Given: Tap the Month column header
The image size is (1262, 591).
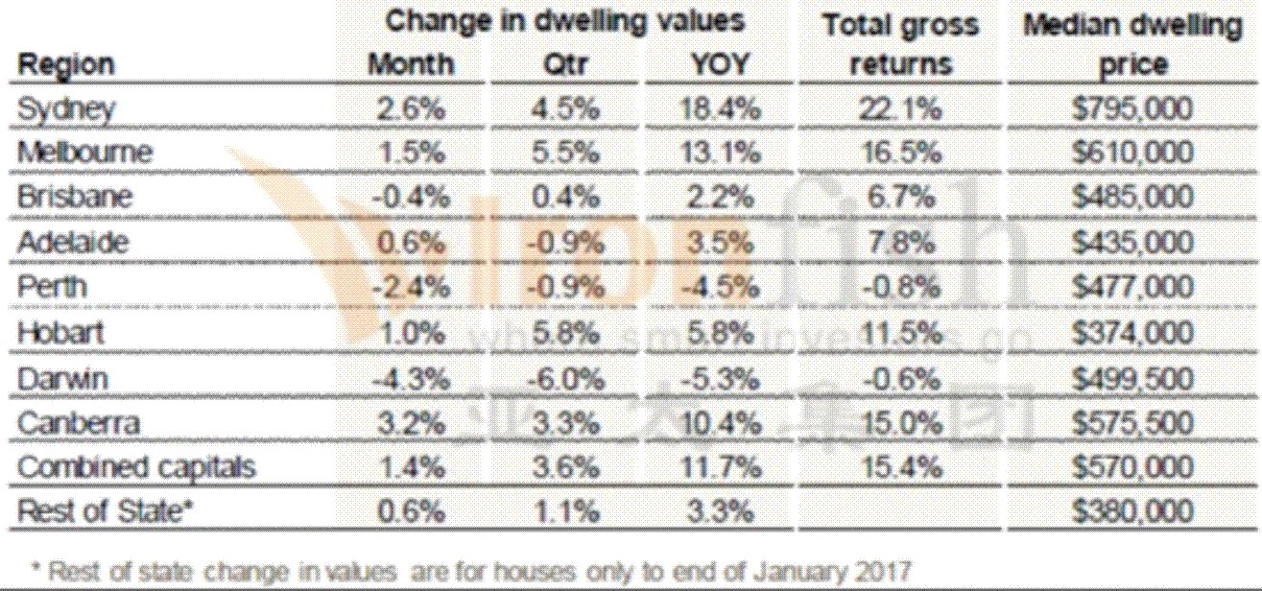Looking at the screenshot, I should (x=411, y=64).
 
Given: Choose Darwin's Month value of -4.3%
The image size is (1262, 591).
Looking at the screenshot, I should (x=411, y=379).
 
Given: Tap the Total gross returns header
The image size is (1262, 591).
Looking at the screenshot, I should (x=899, y=43).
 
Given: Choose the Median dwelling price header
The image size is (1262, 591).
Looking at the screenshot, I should (x=1131, y=43).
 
